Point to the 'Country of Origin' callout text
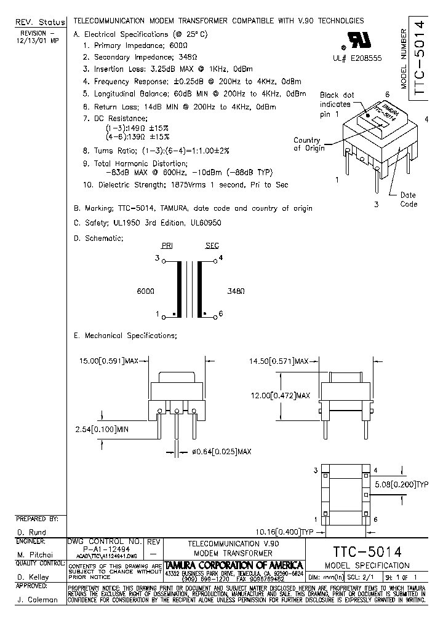(x=307, y=144)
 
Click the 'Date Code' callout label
(x=409, y=200)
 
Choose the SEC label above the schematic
(x=212, y=246)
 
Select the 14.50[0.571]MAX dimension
(x=278, y=361)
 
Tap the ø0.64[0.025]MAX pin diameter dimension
(x=223, y=452)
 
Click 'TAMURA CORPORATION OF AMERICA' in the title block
(x=234, y=565)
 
